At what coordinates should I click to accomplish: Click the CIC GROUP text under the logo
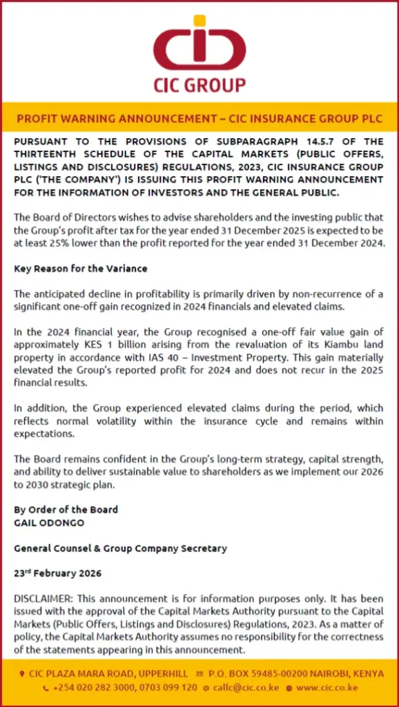pyautogui.click(x=199, y=85)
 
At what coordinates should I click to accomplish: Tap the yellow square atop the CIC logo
pyautogui.click(x=199, y=21)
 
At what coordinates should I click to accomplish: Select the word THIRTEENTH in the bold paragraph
pyautogui.click(x=48, y=153)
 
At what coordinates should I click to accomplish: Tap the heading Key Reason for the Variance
pyautogui.click(x=81, y=269)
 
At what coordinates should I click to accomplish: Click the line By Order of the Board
pyautogui.click(x=66, y=510)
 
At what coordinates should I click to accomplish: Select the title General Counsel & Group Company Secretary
pyautogui.click(x=121, y=548)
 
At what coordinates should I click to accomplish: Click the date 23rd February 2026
pyautogui.click(x=58, y=574)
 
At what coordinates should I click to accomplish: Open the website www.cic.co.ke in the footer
pyautogui.click(x=327, y=688)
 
